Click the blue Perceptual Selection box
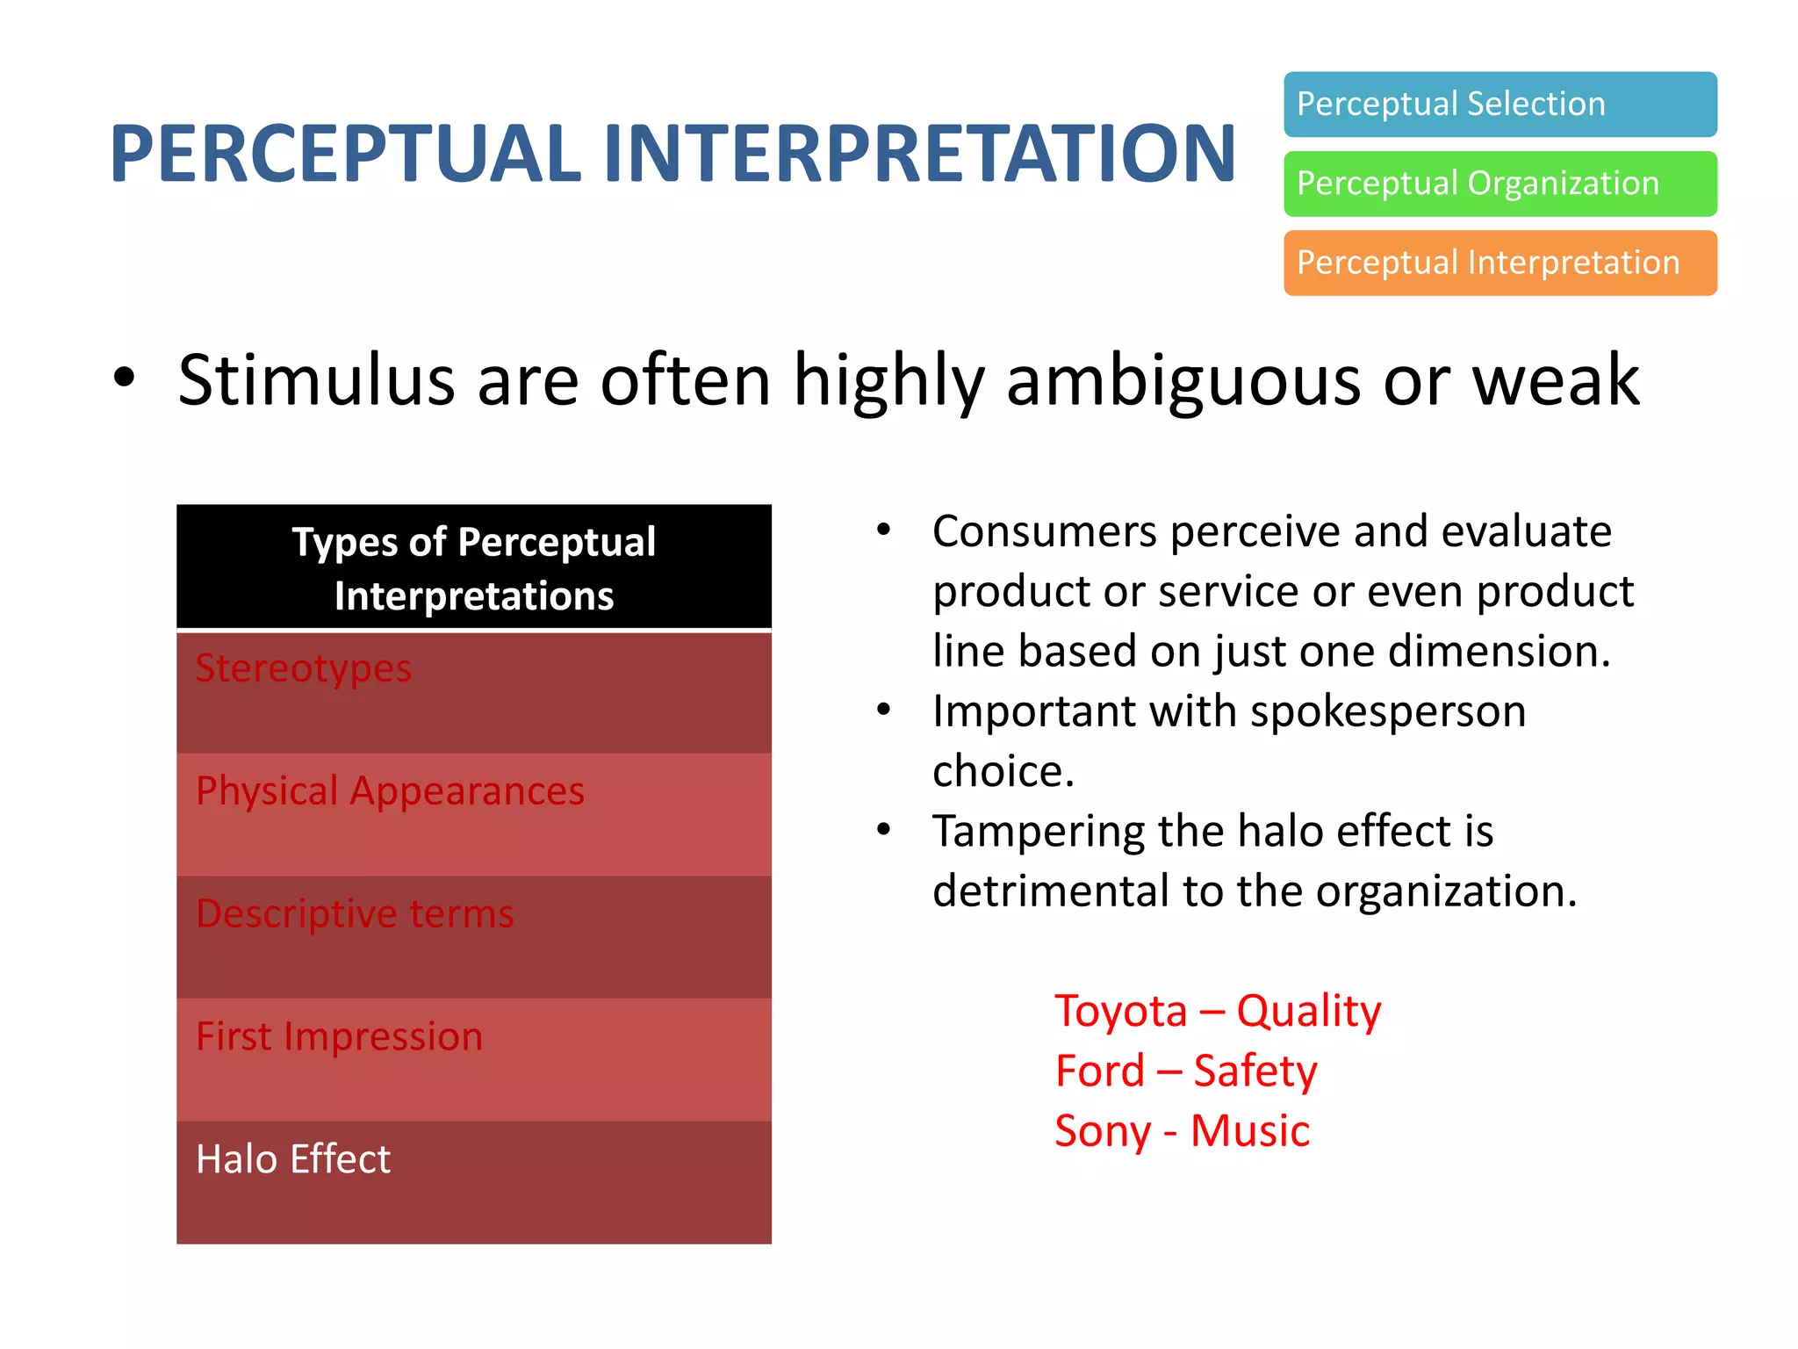(1500, 105)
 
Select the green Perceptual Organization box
(1500, 184)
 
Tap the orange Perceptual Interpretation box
(1500, 263)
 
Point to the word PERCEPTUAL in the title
(345, 154)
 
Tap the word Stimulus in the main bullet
(316, 380)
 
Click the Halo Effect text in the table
(293, 1159)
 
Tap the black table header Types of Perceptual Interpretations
(473, 568)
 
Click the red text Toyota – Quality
(1217, 1011)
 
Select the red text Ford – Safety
(1185, 1071)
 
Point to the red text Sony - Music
(1182, 1131)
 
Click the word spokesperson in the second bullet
(1387, 711)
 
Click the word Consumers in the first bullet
(1044, 532)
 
